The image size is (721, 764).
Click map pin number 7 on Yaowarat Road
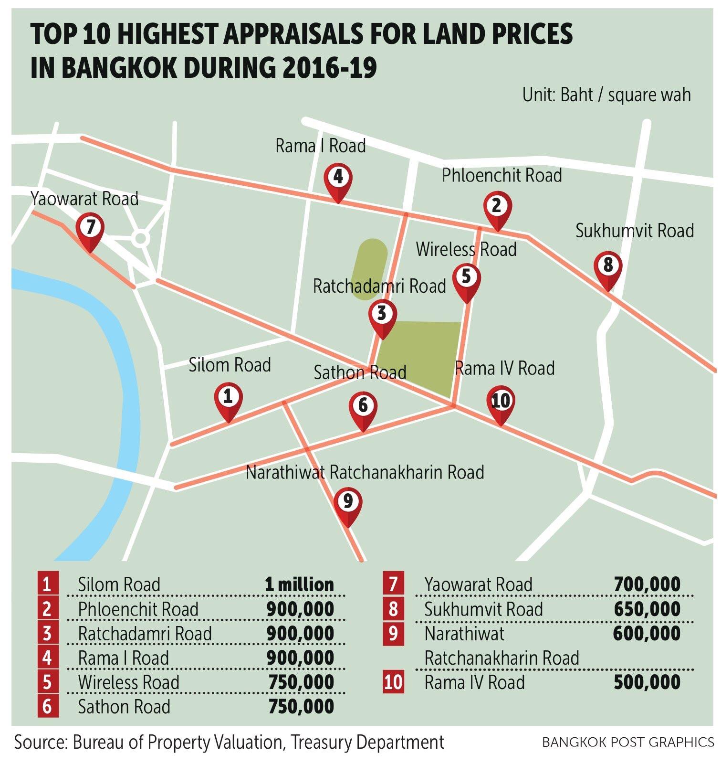(x=90, y=230)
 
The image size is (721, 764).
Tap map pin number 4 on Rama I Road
(x=338, y=179)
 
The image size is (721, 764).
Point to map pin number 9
(x=347, y=503)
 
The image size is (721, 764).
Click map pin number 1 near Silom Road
(x=228, y=398)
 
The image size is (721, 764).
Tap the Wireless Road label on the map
(x=466, y=250)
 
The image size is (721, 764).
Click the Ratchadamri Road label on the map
(x=379, y=286)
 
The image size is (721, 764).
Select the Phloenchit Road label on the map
(x=502, y=176)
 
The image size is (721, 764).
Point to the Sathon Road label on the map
(x=360, y=372)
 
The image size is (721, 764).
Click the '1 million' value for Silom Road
(x=299, y=584)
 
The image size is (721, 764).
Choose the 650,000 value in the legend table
(x=647, y=609)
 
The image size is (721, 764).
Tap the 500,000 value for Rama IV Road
(x=647, y=682)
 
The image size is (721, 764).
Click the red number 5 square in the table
(x=48, y=682)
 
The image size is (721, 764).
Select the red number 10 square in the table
(x=393, y=682)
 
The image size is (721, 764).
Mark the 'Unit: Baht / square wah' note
(x=606, y=95)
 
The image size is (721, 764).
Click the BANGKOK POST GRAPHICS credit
(x=628, y=743)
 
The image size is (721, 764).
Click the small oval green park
(x=369, y=269)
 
